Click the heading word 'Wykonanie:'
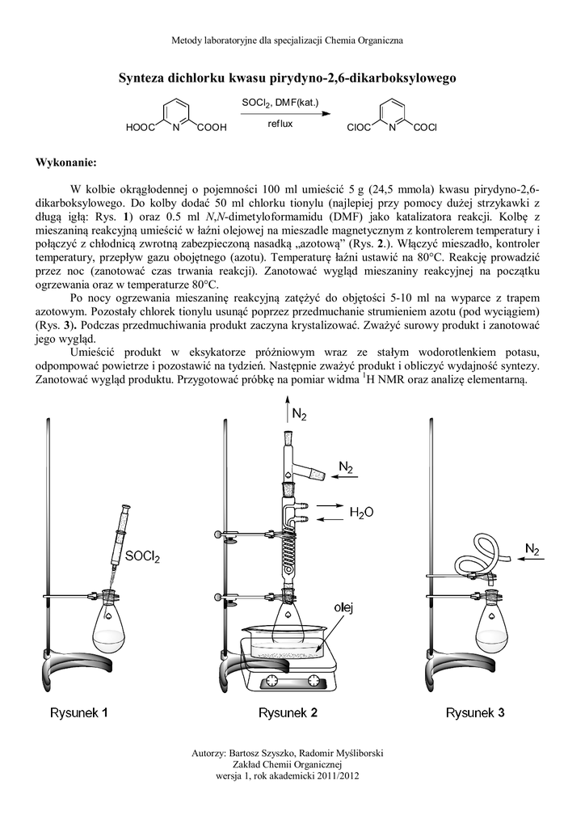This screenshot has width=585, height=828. [x=65, y=162]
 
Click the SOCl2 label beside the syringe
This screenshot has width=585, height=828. [x=143, y=556]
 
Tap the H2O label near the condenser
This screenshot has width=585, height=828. [x=361, y=512]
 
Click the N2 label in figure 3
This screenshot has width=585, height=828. [x=532, y=550]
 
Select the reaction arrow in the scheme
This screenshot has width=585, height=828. [x=280, y=113]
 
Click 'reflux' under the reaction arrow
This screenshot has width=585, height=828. [x=280, y=125]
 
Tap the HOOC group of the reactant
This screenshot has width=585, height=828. [x=141, y=128]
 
